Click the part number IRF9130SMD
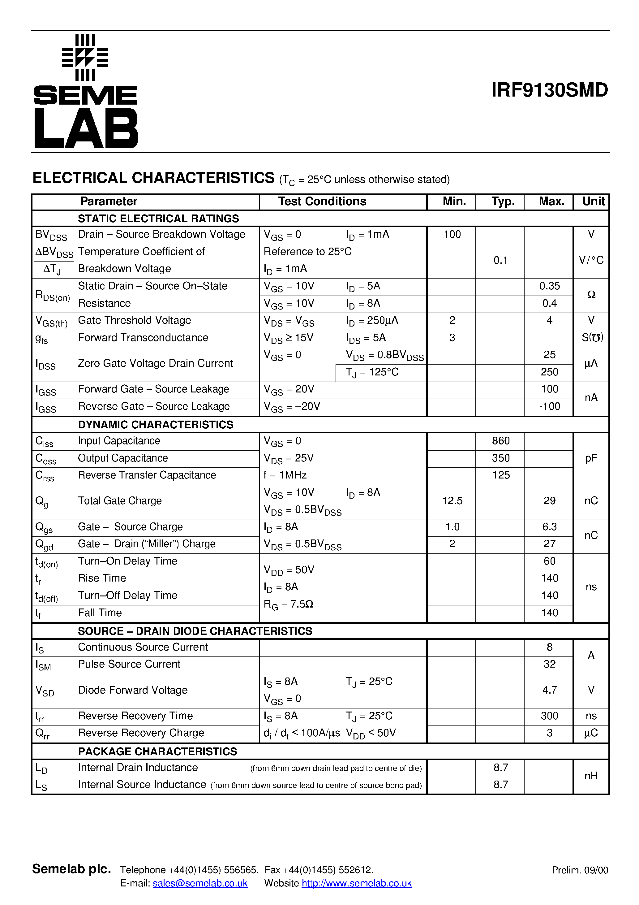click(549, 90)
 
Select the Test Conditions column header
click(322, 201)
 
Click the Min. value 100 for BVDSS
click(452, 235)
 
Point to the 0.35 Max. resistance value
click(549, 286)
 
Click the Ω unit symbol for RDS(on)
click(591, 295)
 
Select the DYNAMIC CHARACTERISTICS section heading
click(156, 425)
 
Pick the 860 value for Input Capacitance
click(500, 441)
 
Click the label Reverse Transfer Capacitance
click(147, 475)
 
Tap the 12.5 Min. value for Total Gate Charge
click(452, 501)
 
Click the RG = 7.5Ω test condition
click(288, 604)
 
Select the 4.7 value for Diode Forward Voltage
click(549, 690)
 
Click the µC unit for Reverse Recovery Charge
click(591, 733)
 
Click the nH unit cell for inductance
click(591, 776)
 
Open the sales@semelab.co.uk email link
click(200, 883)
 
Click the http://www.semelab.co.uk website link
click(357, 883)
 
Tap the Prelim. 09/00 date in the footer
click(580, 870)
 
